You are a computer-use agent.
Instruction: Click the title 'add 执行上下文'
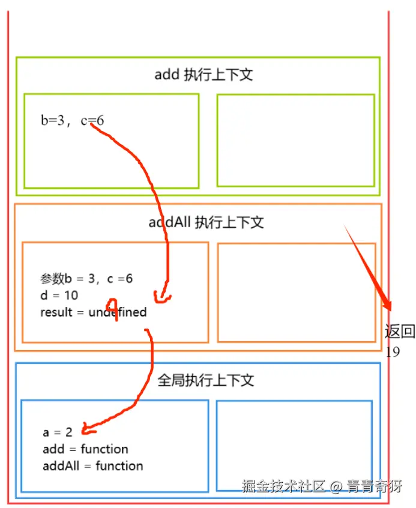pos(203,75)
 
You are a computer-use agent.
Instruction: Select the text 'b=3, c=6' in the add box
pos(72,121)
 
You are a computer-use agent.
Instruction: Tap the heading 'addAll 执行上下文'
pos(206,223)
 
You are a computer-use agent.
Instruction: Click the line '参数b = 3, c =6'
pos(86,279)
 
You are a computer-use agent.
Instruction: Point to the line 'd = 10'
pos(59,295)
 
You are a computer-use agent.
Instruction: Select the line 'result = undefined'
pos(93,312)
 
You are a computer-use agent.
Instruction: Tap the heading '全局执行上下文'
pos(206,381)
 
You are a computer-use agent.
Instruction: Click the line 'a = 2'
pos(57,432)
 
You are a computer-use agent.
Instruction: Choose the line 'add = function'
pos(85,449)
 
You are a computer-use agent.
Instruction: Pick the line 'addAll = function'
pos(92,465)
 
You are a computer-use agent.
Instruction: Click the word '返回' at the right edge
pos(400,331)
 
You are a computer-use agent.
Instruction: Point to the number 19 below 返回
pos(393,352)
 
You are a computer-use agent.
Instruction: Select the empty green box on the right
pos(295,140)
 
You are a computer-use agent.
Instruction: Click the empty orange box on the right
pos(297,292)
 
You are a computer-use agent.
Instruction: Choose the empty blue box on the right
pos(294,445)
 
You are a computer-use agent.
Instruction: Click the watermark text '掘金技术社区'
pos(283,486)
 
